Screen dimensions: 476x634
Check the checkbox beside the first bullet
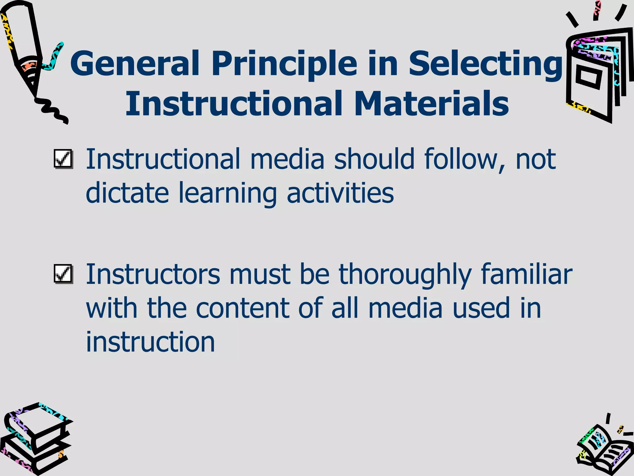(x=63, y=159)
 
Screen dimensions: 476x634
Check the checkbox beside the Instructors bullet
(x=63, y=274)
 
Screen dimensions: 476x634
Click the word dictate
(x=127, y=193)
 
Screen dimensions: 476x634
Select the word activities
(x=340, y=193)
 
